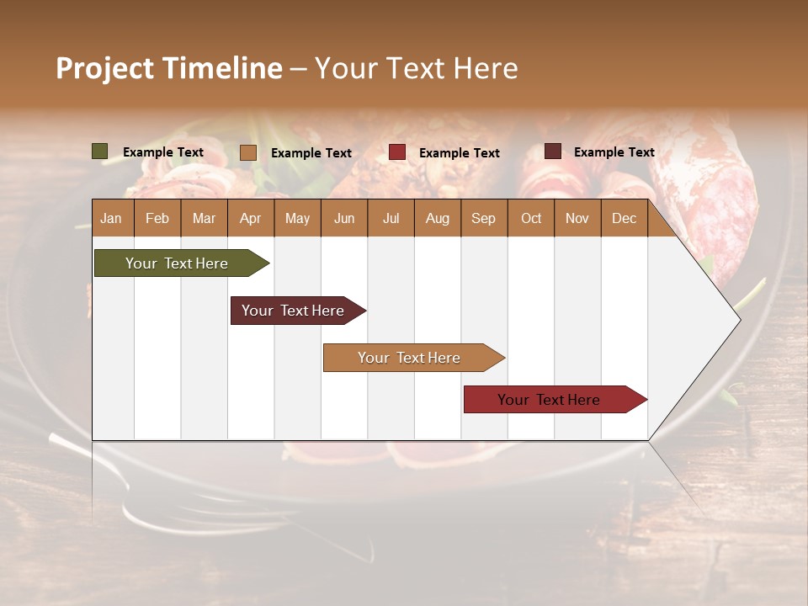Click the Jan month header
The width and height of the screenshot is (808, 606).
111,218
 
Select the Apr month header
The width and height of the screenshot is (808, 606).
250,218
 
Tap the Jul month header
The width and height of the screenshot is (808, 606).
391,218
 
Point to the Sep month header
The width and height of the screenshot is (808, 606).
483,218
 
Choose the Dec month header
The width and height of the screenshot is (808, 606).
624,218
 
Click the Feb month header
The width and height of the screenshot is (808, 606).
157,218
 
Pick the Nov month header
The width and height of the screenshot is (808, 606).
577,218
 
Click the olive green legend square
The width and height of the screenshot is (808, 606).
100,151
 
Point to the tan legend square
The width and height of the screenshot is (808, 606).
248,152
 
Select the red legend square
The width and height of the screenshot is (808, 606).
397,152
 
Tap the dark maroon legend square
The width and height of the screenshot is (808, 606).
553,151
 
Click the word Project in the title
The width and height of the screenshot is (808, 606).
104,68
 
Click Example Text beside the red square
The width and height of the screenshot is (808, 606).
459,153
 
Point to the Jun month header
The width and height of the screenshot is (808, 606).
344,218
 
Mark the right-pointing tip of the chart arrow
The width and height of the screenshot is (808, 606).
739,320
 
